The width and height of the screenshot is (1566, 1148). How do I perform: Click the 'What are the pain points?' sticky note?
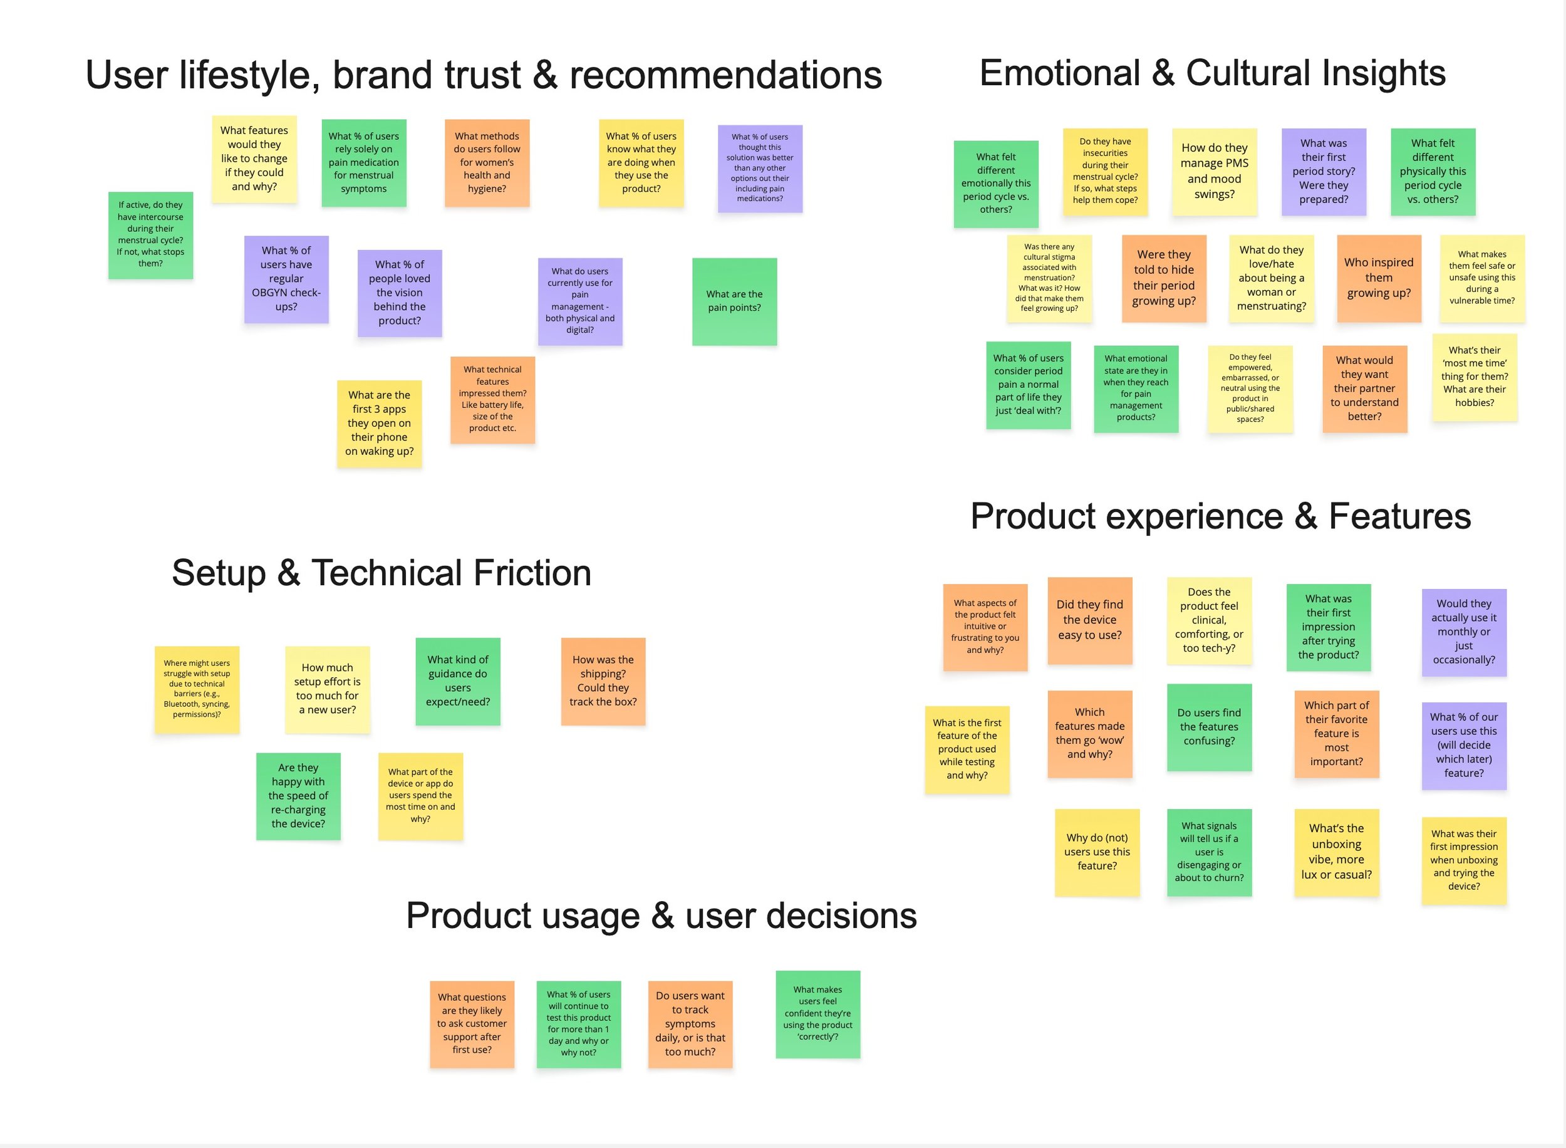coord(734,301)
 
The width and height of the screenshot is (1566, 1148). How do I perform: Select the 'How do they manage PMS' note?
coord(1214,171)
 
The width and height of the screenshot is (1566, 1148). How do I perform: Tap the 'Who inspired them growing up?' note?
coord(1379,278)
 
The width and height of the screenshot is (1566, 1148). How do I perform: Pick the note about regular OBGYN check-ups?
coord(286,279)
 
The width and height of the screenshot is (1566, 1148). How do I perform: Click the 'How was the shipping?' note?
coord(603,681)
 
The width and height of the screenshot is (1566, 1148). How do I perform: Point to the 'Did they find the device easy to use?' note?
coord(1089,620)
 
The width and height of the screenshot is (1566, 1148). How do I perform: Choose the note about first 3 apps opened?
coord(379,423)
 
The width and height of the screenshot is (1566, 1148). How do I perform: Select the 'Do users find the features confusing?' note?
coord(1209,727)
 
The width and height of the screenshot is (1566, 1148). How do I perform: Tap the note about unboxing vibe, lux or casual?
coord(1336,852)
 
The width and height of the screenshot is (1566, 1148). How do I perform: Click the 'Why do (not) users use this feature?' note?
coord(1097,852)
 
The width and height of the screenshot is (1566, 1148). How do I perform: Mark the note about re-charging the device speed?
coord(298,796)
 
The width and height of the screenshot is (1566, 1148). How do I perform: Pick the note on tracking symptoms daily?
coord(690,1023)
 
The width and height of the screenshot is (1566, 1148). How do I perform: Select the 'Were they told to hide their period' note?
coord(1163,278)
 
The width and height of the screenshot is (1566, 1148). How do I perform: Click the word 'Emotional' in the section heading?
coord(1060,74)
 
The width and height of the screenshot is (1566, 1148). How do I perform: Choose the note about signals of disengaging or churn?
coord(1209,852)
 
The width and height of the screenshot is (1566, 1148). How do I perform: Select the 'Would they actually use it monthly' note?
coord(1463,632)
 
